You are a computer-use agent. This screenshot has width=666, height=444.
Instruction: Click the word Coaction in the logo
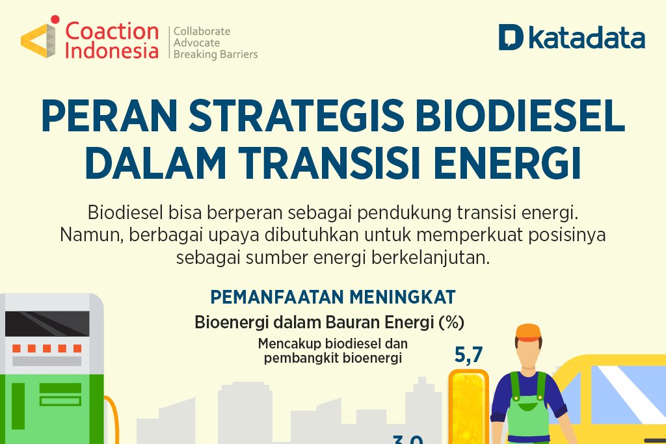[x=112, y=31]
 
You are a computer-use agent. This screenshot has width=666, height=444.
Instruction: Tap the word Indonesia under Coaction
[x=112, y=51]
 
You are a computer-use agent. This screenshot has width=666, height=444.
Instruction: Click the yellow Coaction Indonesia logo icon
[x=38, y=40]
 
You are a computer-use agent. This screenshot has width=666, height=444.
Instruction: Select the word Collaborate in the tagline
[x=202, y=31]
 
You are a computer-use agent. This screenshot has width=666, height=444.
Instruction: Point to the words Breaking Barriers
[x=215, y=55]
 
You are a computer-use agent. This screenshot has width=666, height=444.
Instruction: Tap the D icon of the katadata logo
[x=511, y=38]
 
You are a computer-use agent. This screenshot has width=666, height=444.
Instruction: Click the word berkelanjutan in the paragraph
[x=430, y=257]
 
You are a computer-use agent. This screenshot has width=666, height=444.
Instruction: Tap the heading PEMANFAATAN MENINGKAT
[x=332, y=297]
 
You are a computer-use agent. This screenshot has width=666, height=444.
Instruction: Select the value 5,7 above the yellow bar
[x=468, y=355]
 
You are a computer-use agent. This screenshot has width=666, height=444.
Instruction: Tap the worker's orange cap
[x=528, y=332]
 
